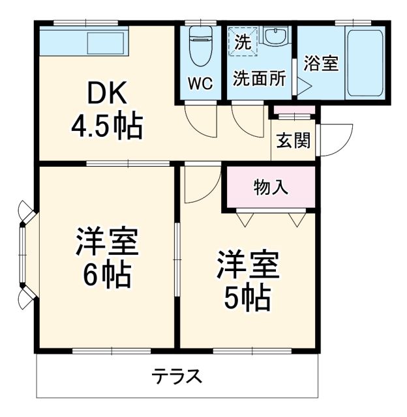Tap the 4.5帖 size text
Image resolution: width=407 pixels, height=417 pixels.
106,127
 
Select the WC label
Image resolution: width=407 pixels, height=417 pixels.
200,84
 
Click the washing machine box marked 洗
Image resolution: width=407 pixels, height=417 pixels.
242,43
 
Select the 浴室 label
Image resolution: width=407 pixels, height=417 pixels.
321,64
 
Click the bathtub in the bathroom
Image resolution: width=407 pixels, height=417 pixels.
365,64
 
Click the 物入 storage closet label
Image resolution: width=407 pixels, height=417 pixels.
270,188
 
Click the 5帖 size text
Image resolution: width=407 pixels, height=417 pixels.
248,298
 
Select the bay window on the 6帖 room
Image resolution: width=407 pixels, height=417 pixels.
24,255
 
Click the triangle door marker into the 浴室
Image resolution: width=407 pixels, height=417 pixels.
302,85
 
